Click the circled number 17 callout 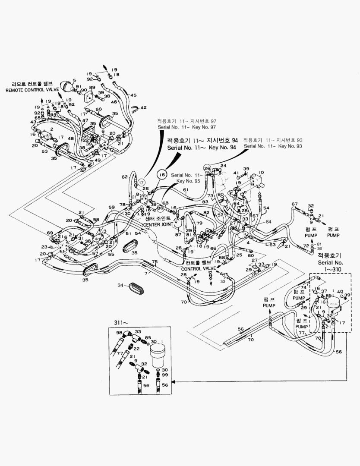click(x=141, y=183)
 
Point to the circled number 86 click(x=160, y=208)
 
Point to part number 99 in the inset click(x=165, y=376)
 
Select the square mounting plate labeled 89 click(x=90, y=97)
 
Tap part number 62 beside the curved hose click(x=124, y=177)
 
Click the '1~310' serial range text click(x=330, y=268)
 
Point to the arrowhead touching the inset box click(x=174, y=381)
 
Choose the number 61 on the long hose click(x=186, y=190)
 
